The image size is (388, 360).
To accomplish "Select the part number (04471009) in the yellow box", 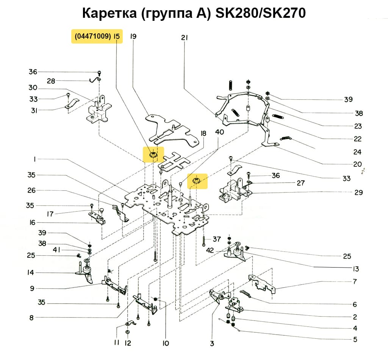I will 93,37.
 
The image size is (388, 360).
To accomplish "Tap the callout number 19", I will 133,37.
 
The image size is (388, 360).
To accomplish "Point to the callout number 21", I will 185,38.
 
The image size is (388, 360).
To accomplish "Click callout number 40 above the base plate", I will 219,132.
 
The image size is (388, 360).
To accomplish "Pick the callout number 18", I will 203,133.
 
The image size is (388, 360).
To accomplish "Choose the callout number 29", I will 358,193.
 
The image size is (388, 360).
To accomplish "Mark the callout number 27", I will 301,183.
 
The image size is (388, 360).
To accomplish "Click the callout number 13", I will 355,269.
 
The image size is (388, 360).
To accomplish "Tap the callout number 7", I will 355,282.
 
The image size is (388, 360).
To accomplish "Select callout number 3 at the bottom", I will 212,344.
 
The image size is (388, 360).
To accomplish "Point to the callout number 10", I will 166,343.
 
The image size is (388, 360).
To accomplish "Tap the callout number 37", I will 216,239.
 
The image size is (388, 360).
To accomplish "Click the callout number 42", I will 211,250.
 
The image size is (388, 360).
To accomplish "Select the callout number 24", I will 357,152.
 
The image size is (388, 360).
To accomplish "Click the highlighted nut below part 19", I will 153,155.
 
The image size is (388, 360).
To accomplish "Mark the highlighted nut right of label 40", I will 197,181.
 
